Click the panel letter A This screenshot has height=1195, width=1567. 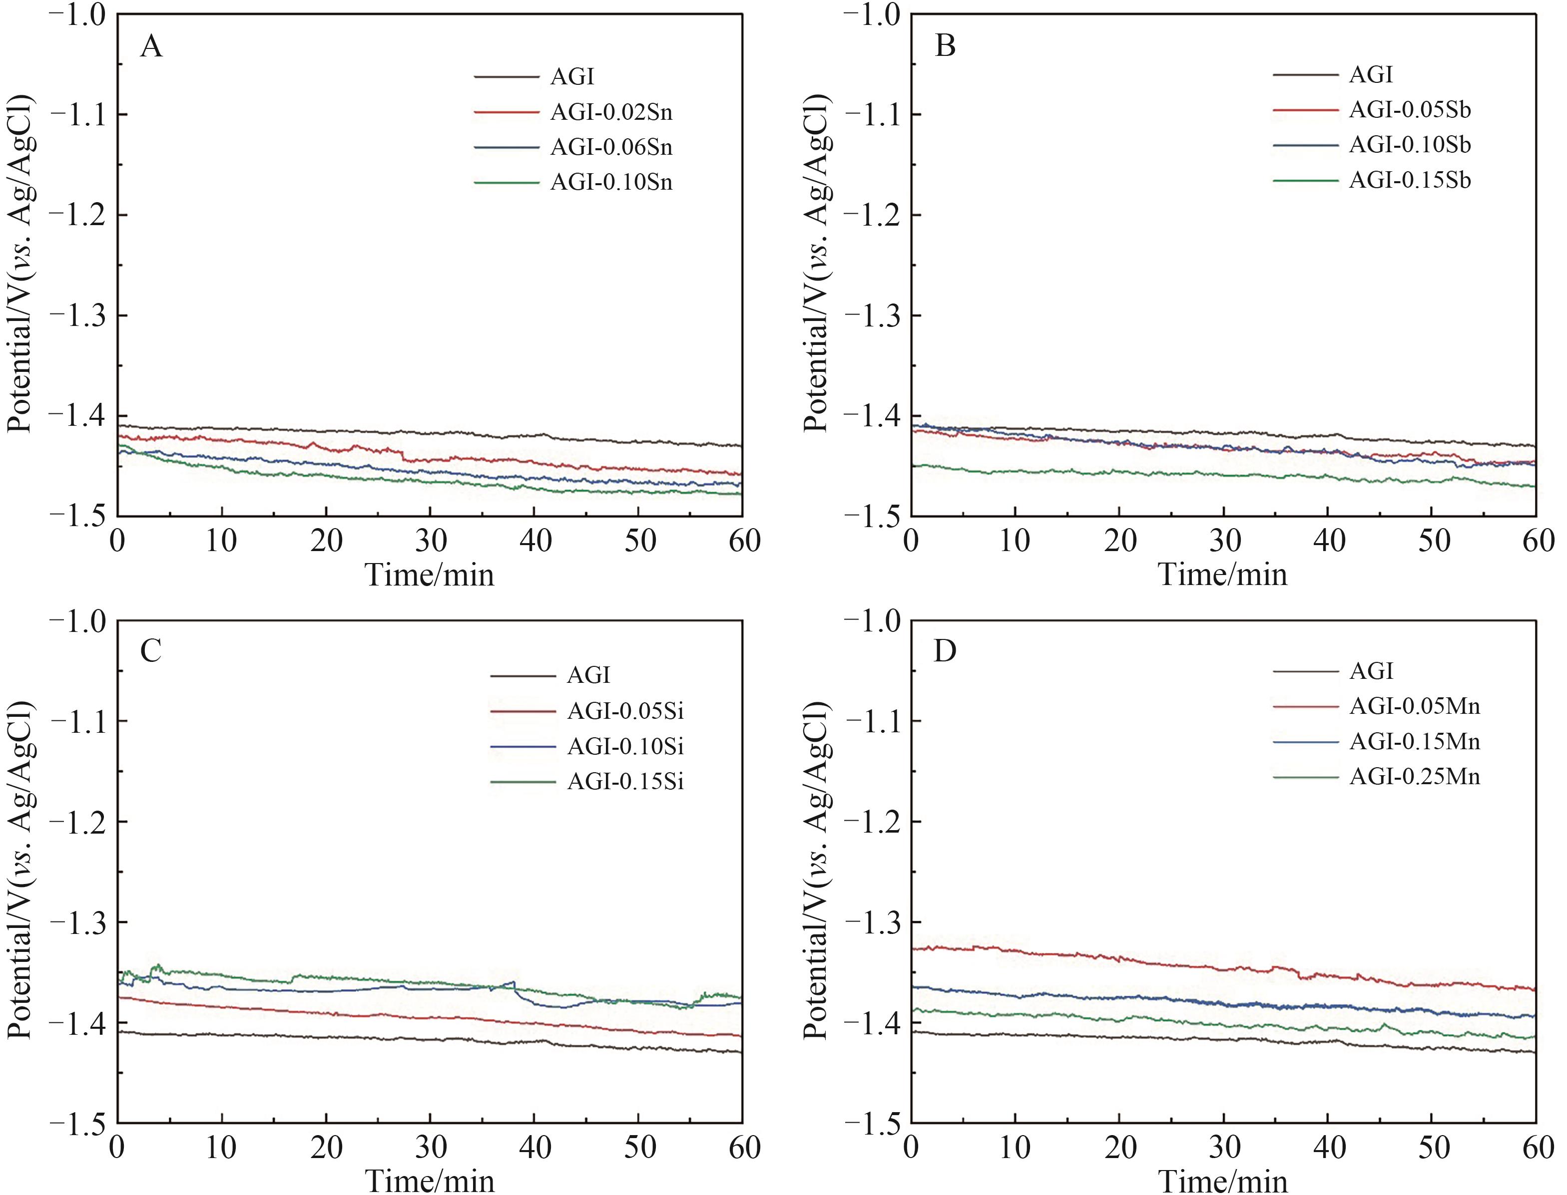[x=151, y=47]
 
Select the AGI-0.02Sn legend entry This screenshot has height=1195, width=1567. [x=610, y=112]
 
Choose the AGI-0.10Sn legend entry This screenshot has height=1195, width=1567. [x=610, y=183]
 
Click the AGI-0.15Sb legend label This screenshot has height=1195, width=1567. [x=1409, y=181]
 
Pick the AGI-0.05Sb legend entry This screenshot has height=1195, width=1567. [x=1409, y=110]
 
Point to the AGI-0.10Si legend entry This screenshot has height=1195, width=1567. [x=625, y=746]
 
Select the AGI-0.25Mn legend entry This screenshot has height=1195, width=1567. [x=1414, y=776]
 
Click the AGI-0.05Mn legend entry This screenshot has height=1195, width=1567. [x=1414, y=706]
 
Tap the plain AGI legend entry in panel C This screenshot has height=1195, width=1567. [x=588, y=675]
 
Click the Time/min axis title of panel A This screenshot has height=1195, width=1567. [x=429, y=575]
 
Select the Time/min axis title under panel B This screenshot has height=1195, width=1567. [x=1223, y=575]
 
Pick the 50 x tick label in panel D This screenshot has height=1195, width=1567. [x=1433, y=1148]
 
